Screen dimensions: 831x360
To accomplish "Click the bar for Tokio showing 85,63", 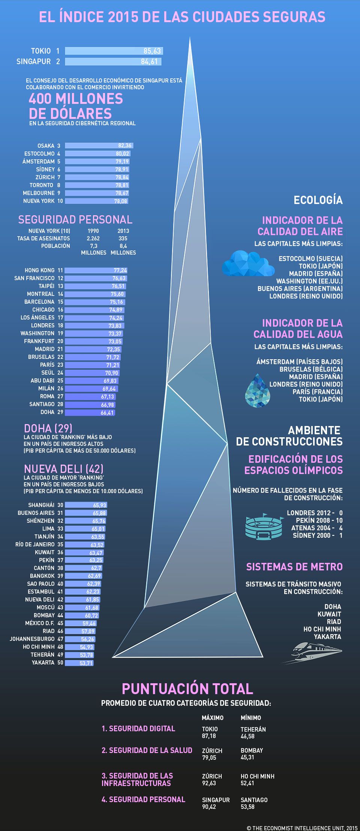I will click(x=114, y=51).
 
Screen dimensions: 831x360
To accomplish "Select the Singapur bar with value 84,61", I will click(x=113, y=61).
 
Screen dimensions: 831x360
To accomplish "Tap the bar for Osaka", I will click(x=99, y=145).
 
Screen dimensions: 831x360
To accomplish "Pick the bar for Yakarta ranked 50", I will click(x=79, y=663).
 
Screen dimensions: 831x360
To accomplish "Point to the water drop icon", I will click(x=258, y=390).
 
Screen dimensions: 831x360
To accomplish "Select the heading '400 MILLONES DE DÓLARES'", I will click(x=76, y=106).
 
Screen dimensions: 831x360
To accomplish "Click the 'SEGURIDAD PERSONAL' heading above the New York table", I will click(x=75, y=219).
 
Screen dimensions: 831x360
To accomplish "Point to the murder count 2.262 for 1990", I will click(x=93, y=238).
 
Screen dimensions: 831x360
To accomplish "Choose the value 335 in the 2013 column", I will click(x=123, y=238).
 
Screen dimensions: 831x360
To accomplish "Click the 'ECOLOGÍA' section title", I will click(x=318, y=200).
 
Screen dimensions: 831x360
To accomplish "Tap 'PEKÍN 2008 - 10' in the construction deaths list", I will click(x=319, y=520).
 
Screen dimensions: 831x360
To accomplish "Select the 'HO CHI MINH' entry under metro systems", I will click(x=322, y=629).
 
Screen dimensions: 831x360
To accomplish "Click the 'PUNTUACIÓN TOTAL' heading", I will click(x=187, y=688).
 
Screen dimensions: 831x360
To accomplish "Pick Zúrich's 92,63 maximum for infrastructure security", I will click(x=209, y=783).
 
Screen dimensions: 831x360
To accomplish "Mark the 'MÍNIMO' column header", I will click(x=250, y=717).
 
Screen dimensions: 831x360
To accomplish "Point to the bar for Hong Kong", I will click(x=96, y=270).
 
